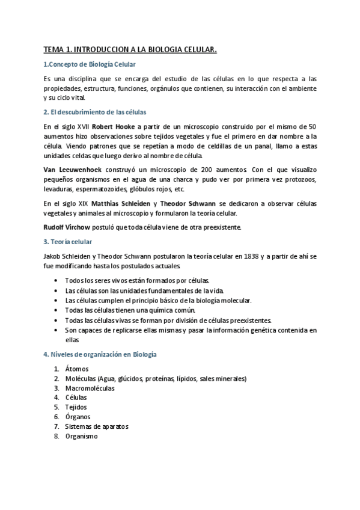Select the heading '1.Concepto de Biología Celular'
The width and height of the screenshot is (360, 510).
pos(90,64)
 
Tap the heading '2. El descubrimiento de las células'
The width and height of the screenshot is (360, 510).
pos(95,112)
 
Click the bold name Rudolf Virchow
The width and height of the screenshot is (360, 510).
pos(67,227)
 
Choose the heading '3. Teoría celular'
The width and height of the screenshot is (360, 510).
pos(68,242)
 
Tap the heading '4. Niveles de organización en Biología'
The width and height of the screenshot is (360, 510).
pos(100,354)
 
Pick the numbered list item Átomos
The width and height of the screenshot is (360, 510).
pos(77,369)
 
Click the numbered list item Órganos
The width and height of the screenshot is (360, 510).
pos(78,417)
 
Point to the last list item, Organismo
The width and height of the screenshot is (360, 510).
pos(81,436)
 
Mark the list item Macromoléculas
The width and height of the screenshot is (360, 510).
pos(90,388)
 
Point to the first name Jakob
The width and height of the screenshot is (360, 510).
pos(53,256)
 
